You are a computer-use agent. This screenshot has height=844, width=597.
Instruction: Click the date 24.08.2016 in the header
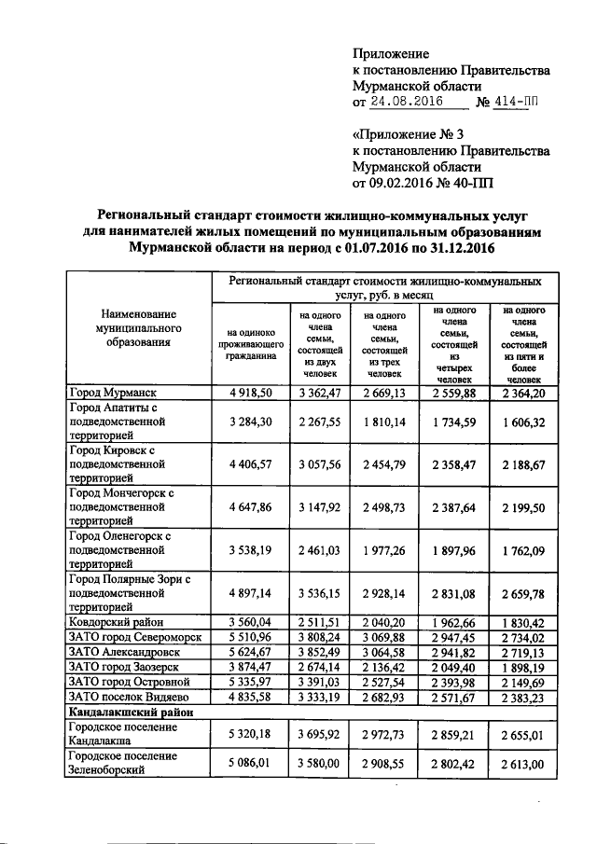[403, 103]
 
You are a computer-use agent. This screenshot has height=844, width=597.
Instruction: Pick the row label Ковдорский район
[114, 622]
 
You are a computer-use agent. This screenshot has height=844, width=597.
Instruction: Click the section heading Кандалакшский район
[128, 712]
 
